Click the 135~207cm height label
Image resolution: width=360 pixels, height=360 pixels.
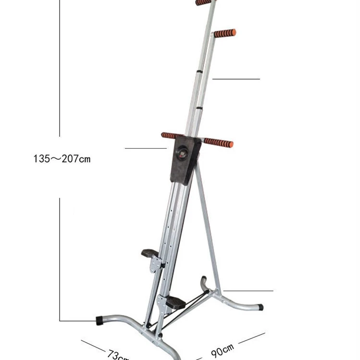tap(62, 158)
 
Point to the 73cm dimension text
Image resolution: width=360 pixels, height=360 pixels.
tap(117, 355)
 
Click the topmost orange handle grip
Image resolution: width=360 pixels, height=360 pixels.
tap(204, 2)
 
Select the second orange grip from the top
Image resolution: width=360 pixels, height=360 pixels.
tap(225, 33)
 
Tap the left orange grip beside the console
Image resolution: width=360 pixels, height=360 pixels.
tap(172, 136)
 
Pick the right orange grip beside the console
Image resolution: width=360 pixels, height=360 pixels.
tap(218, 143)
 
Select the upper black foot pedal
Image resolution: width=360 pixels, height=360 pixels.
tap(149, 252)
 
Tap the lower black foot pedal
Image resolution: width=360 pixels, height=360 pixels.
tap(175, 302)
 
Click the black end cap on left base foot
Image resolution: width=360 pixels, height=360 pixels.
tap(99, 320)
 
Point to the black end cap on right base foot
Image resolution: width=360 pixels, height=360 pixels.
tap(260, 307)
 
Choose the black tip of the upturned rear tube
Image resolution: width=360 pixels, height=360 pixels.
tap(204, 278)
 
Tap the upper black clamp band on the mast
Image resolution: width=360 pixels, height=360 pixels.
tap(199, 72)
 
